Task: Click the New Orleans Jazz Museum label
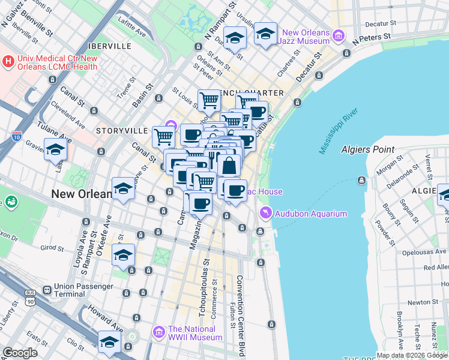(306, 37)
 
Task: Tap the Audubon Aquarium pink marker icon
(264, 214)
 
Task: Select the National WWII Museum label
(195, 332)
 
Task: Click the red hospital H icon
(8, 61)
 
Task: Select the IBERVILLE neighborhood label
(109, 46)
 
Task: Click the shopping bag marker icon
(229, 165)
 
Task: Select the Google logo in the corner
(20, 353)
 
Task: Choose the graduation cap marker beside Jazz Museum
(265, 34)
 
